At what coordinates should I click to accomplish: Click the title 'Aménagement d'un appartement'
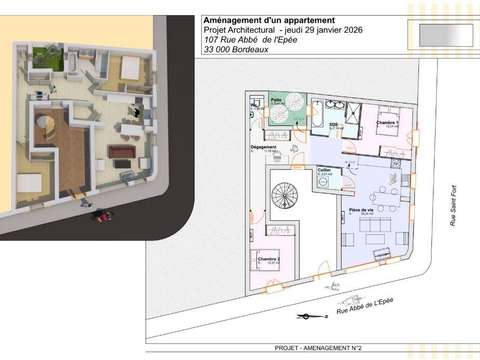(268, 19)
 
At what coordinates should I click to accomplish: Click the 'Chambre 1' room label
(387, 123)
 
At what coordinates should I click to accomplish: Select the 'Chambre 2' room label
(266, 259)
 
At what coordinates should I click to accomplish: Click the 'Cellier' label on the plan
(325, 171)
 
